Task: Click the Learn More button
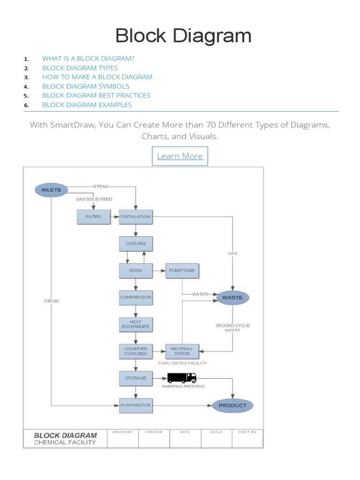[180, 156]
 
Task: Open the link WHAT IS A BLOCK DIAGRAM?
[88, 59]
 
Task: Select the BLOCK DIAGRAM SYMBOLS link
[86, 86]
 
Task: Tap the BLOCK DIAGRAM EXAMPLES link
[87, 105]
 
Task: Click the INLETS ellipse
[51, 190]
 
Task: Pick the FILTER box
[93, 217]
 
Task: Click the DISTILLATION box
[136, 217]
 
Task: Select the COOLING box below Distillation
[136, 244]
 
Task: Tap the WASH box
[136, 270]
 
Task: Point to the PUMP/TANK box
[182, 270]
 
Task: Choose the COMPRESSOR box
[136, 297]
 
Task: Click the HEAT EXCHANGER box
[136, 324]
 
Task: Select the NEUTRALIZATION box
[182, 351]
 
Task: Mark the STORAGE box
[136, 378]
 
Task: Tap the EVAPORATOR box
[136, 405]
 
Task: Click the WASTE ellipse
[232, 298]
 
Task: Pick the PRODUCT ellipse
[232, 405]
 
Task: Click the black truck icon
[182, 377]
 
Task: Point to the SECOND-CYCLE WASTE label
[232, 328]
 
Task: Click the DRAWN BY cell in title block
[123, 438]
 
